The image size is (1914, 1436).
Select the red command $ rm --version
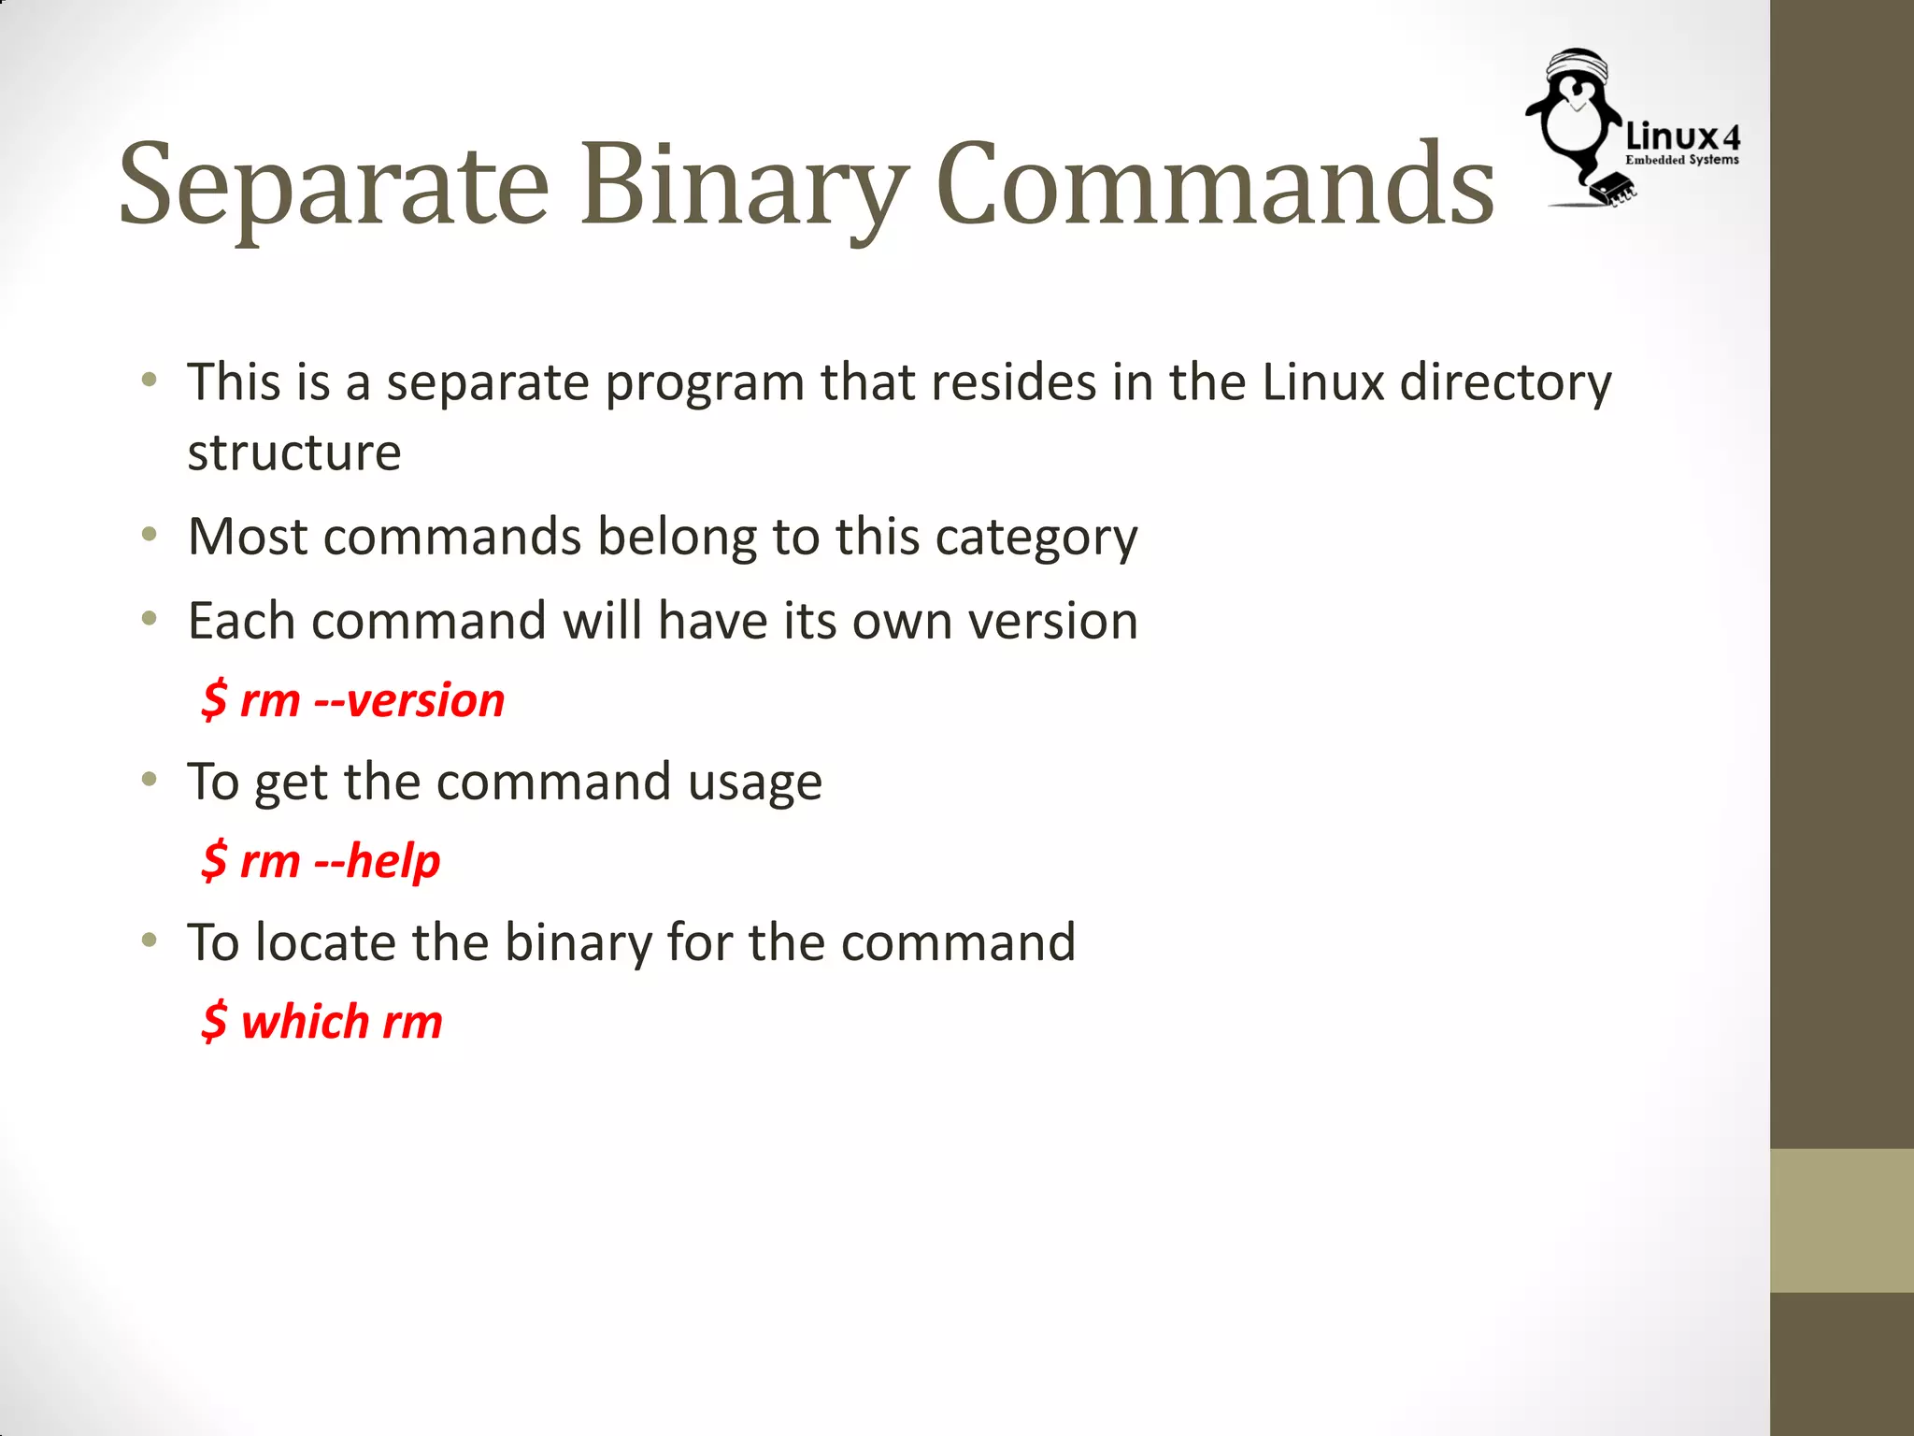(353, 700)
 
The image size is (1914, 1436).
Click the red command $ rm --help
(321, 861)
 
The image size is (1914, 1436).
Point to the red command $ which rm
(321, 1021)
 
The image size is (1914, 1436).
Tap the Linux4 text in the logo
(1683, 136)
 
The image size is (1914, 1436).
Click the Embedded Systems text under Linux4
(1682, 160)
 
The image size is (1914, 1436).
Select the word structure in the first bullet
(294, 452)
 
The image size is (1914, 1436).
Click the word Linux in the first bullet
(1322, 382)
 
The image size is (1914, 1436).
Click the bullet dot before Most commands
(150, 536)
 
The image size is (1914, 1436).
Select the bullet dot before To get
(150, 780)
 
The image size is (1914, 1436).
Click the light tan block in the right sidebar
(1841, 1220)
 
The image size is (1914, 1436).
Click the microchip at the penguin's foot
(1615, 186)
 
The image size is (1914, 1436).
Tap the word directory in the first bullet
(1506, 382)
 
